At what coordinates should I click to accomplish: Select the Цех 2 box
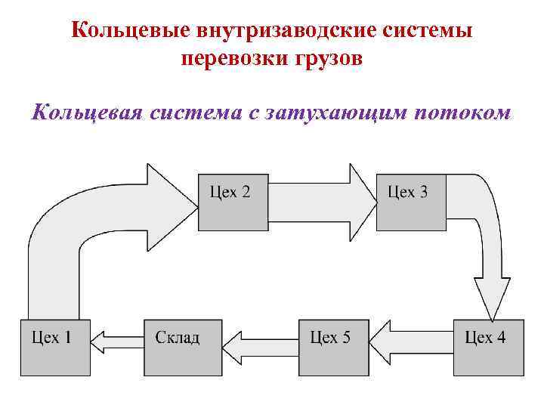pos(233,202)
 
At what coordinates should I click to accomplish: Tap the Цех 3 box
pos(410,202)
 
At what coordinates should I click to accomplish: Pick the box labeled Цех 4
pos(488,347)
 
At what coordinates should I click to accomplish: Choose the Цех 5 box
pos(333,347)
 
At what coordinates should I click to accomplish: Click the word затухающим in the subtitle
pos(348,113)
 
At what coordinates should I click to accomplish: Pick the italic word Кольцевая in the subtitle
pos(88,113)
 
